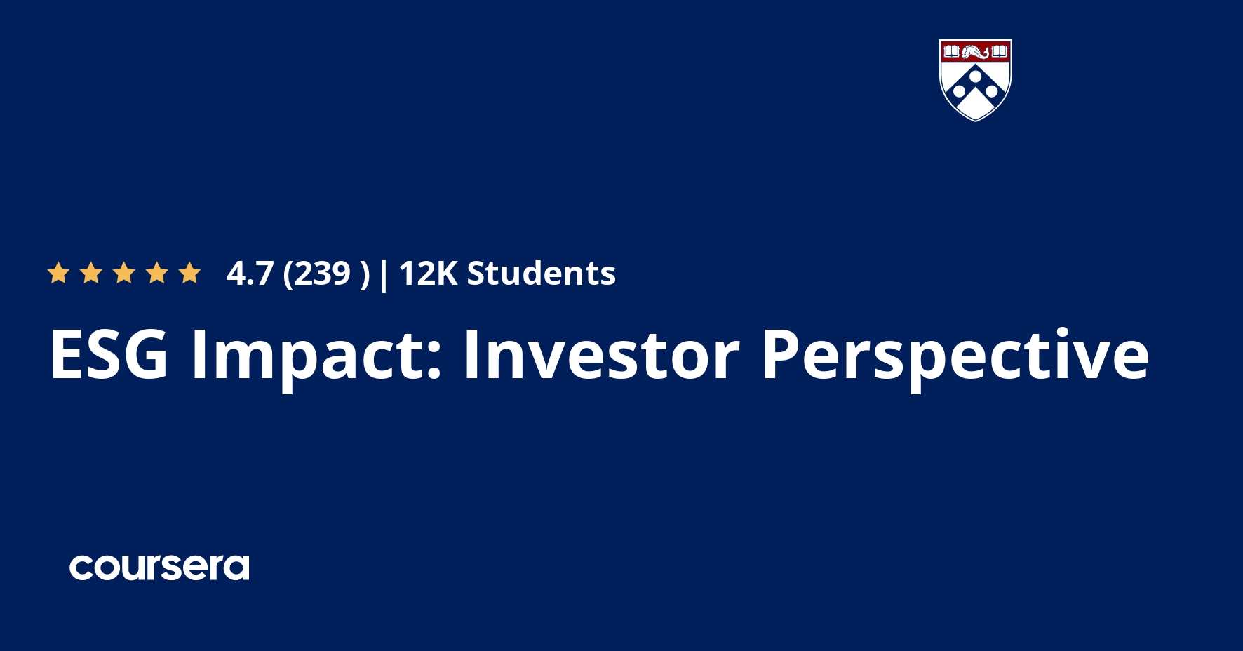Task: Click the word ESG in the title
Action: point(109,355)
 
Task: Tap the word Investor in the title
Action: point(601,355)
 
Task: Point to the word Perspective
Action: point(955,355)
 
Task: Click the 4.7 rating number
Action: point(250,274)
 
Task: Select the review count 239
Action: point(322,274)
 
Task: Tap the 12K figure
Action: point(428,274)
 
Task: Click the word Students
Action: point(542,274)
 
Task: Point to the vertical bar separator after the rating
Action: point(383,274)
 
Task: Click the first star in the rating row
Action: point(58,273)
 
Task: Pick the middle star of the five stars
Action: point(124,273)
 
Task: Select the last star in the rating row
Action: point(190,273)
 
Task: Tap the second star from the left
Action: point(91,273)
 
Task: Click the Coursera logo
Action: point(159,568)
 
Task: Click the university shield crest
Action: point(975,80)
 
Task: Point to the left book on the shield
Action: point(951,51)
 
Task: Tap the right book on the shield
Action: point(1000,51)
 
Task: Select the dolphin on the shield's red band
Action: point(975,51)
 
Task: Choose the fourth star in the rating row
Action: point(157,273)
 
